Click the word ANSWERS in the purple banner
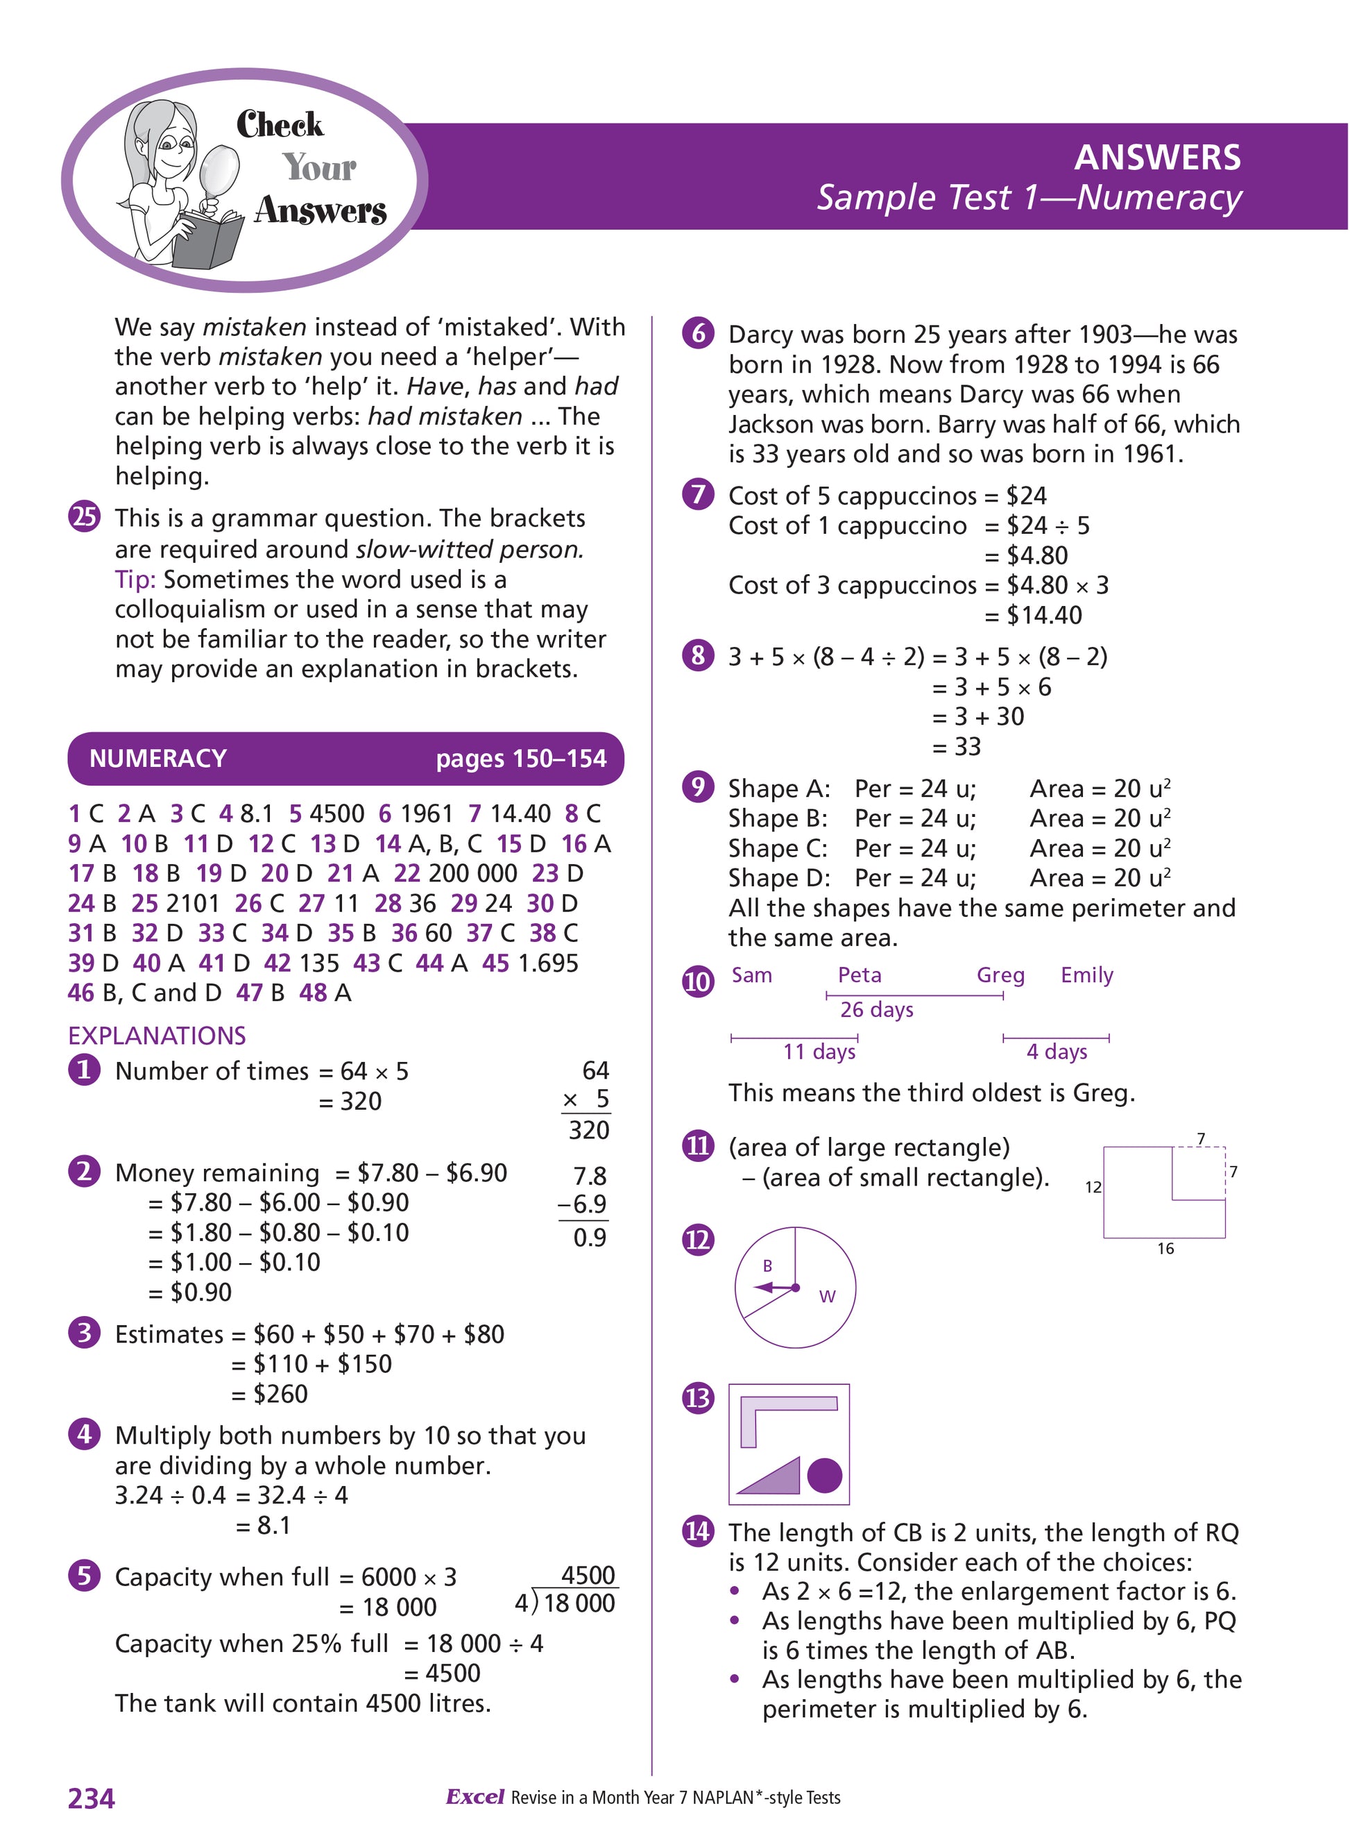pyautogui.click(x=1156, y=158)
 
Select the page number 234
pyautogui.click(x=92, y=1798)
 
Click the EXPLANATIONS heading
pyautogui.click(x=157, y=1035)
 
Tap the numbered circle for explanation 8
pyautogui.click(x=698, y=656)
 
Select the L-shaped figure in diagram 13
pyautogui.click(x=768, y=1414)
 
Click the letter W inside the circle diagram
pyautogui.click(x=827, y=1297)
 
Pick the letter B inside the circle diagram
pyautogui.click(x=767, y=1265)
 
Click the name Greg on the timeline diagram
pyautogui.click(x=1000, y=975)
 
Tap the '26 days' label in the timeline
pyautogui.click(x=876, y=1010)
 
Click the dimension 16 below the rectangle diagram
pyautogui.click(x=1165, y=1249)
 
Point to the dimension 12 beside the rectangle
pyautogui.click(x=1093, y=1187)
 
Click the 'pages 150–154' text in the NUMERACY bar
pyautogui.click(x=520, y=759)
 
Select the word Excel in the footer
pyautogui.click(x=475, y=1797)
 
